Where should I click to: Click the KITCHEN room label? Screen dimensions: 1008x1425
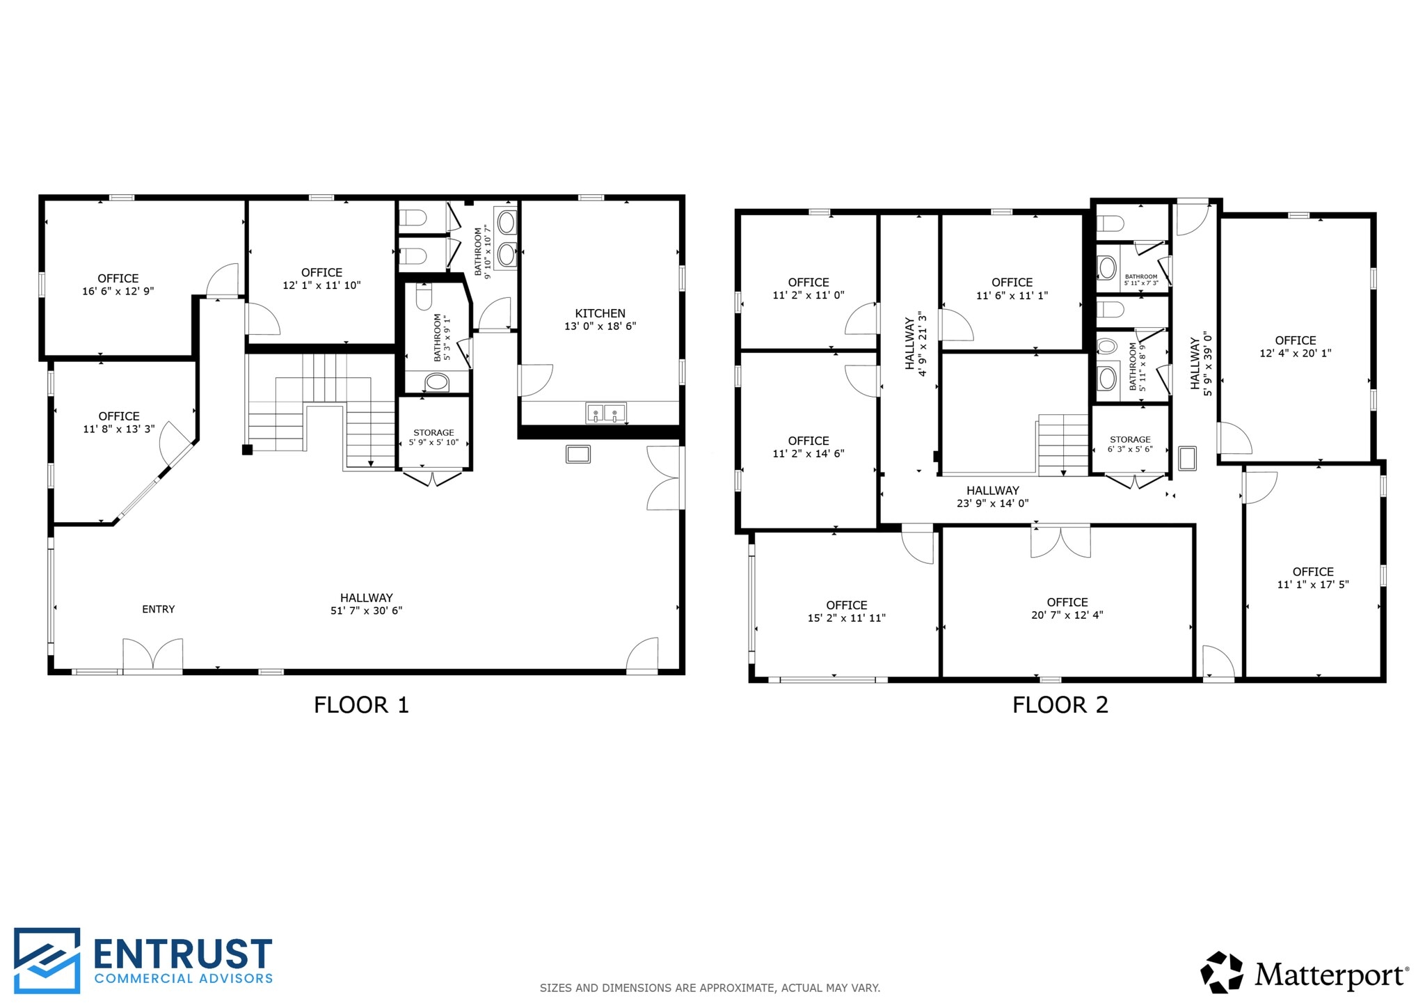point(600,313)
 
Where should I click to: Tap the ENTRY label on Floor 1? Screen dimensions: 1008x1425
point(158,609)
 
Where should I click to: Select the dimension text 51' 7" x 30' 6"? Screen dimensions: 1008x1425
point(366,611)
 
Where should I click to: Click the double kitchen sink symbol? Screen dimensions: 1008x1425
point(605,414)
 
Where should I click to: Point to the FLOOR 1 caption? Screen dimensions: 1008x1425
point(361,705)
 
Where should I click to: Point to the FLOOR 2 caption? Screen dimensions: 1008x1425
point(1060,705)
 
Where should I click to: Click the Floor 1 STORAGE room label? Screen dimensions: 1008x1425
point(433,433)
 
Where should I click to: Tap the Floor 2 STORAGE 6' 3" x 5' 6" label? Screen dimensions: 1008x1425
point(1130,444)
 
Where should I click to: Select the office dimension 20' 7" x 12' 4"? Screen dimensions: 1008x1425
point(1067,615)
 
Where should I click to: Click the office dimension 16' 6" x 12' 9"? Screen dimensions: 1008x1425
point(118,291)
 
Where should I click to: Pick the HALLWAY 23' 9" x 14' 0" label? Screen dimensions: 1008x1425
point(992,496)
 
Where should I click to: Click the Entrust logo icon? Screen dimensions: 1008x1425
point(47,959)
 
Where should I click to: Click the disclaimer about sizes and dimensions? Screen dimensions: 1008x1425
point(710,988)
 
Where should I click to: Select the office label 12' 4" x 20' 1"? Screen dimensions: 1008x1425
point(1295,347)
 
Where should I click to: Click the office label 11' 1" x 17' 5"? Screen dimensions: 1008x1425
point(1312,578)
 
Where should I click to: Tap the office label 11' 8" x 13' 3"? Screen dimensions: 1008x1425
point(118,423)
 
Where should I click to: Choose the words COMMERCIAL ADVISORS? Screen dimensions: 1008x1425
point(183,978)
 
